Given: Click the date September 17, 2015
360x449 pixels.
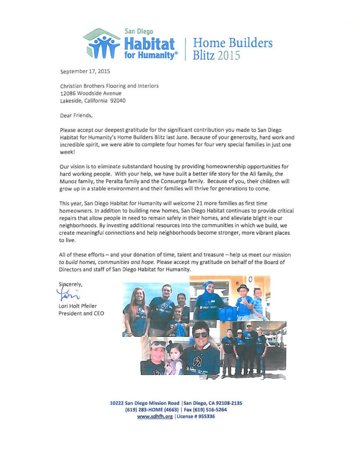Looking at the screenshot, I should coord(86,71).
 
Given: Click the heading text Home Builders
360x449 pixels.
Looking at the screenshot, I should coord(232,43).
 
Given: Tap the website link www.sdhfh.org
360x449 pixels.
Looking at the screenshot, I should coord(155,417).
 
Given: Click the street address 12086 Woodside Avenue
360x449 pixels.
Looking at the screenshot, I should coord(90,93).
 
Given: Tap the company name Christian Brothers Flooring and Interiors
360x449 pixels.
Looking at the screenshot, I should coord(109,86).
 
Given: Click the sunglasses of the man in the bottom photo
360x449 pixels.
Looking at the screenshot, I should coord(201,334).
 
